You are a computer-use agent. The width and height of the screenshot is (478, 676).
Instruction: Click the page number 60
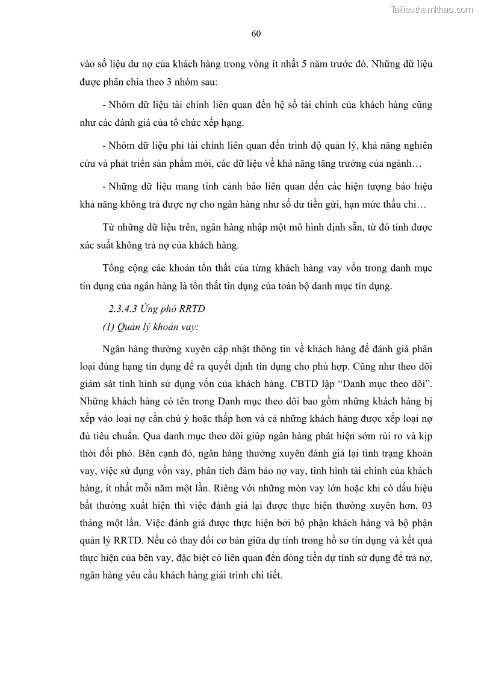pyautogui.click(x=255, y=34)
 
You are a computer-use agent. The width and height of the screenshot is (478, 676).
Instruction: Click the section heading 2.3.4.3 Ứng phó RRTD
pyautogui.click(x=148, y=309)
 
